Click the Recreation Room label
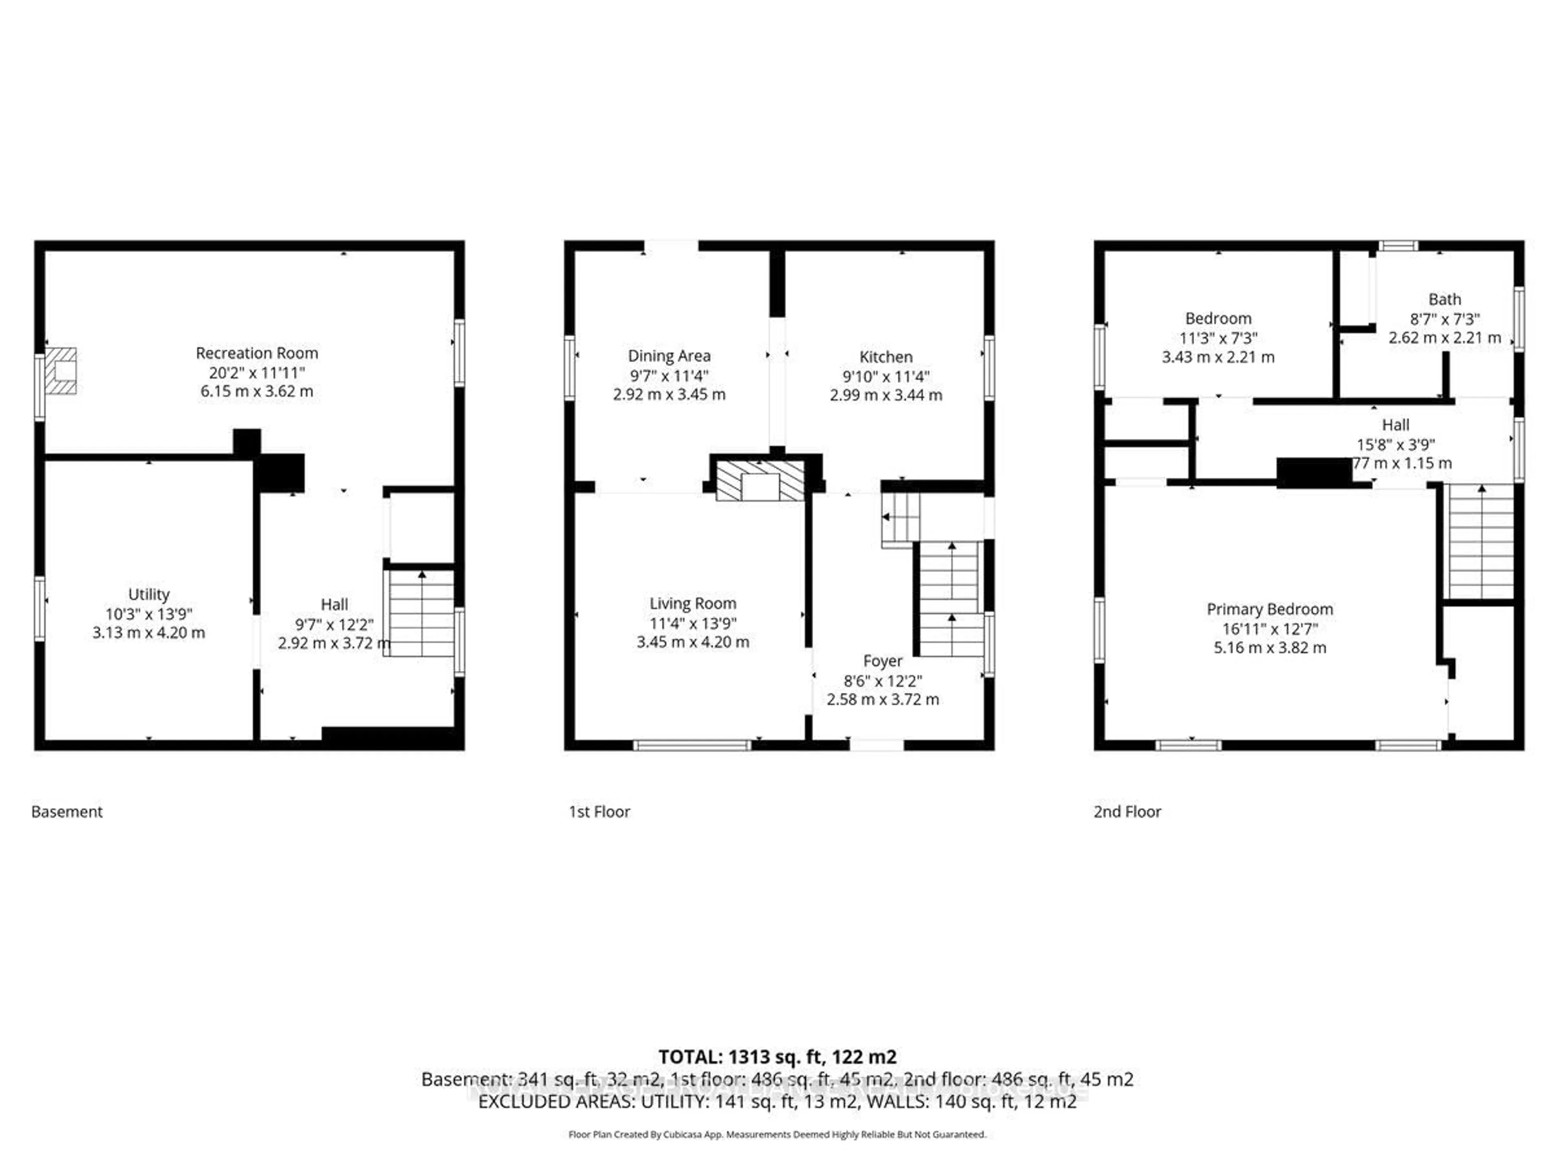click(x=257, y=353)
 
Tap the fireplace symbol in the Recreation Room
click(x=60, y=370)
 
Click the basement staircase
click(x=420, y=613)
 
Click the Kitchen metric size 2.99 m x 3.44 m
click(x=885, y=395)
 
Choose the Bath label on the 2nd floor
click(x=1444, y=300)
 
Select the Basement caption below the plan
click(x=67, y=812)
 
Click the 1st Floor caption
click(x=599, y=812)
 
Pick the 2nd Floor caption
click(x=1127, y=812)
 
